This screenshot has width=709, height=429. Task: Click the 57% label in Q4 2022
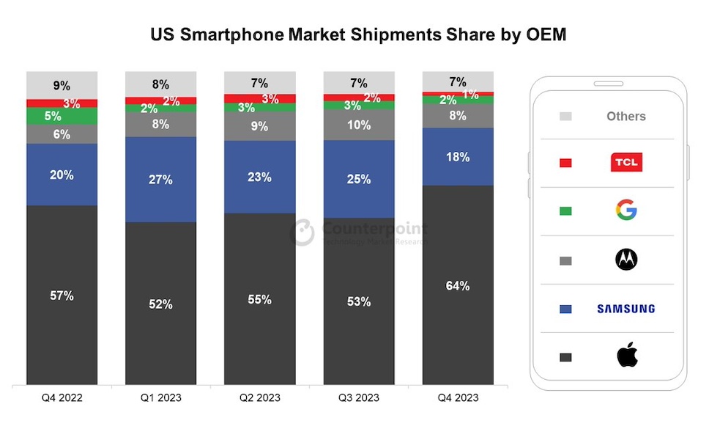coord(62,296)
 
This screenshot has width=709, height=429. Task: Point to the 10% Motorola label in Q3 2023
coord(359,125)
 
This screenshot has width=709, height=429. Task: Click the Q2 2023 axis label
coord(259,397)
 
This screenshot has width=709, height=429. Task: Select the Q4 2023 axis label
coord(458,397)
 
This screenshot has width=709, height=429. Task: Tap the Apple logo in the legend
coord(626,357)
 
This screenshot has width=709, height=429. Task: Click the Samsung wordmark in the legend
coord(626,309)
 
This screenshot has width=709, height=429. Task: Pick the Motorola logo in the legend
coord(626,259)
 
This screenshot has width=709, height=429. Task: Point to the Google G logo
coord(626,210)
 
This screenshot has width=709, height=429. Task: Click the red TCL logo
coord(626,162)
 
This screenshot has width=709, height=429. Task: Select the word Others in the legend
coord(626,116)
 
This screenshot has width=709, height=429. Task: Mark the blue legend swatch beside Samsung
coord(565,309)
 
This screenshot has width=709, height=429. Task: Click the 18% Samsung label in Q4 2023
coord(458,157)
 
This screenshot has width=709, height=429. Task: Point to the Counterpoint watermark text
coord(374,228)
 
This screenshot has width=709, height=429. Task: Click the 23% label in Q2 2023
coord(259,177)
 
